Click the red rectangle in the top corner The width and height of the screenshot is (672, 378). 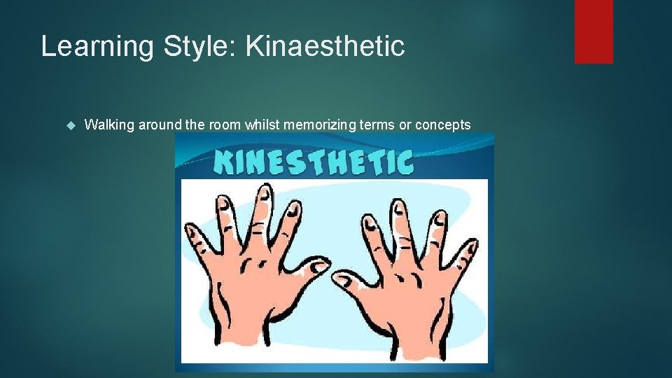pos(594,31)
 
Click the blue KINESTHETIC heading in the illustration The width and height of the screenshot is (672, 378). pos(314,162)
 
